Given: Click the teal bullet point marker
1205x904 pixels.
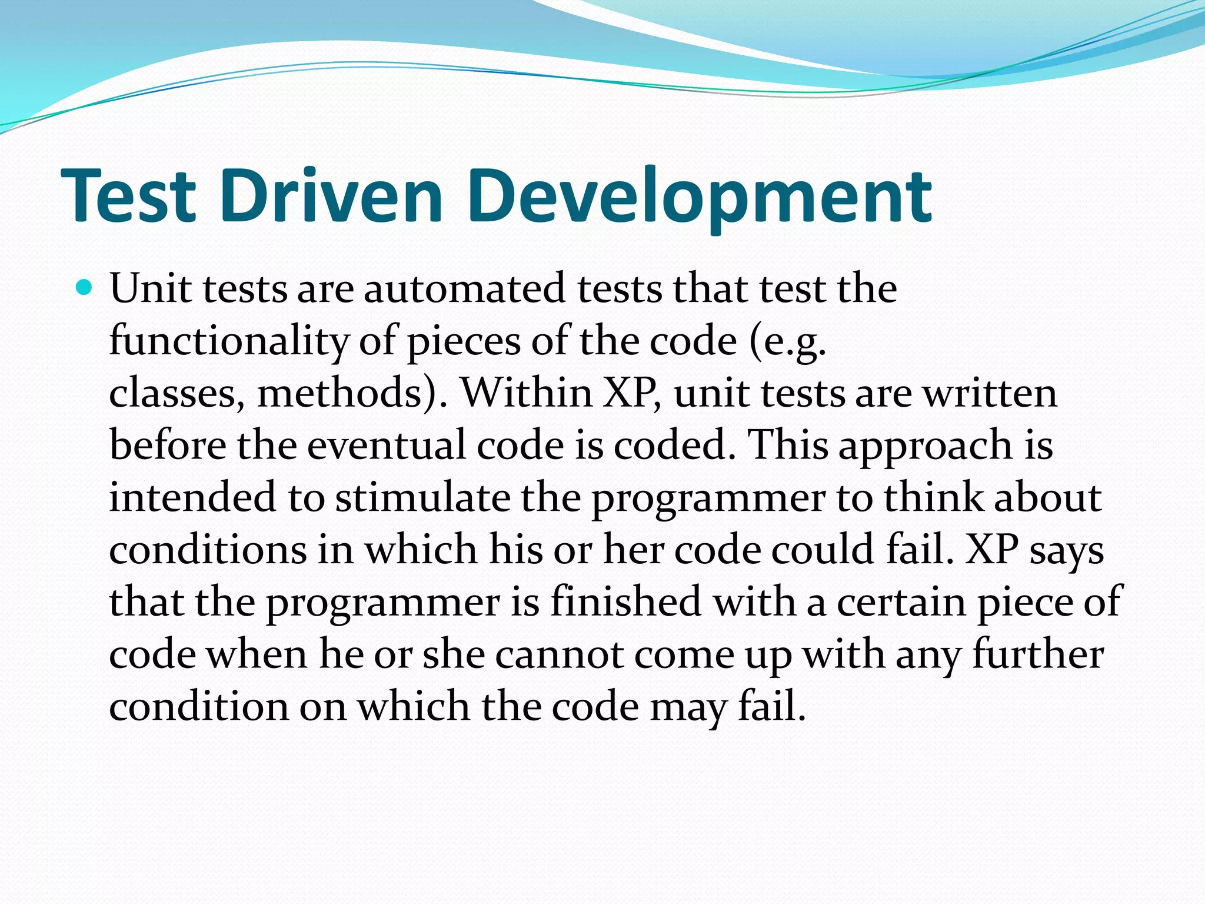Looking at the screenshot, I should click(x=85, y=288).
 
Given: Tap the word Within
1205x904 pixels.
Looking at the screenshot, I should click(x=526, y=393).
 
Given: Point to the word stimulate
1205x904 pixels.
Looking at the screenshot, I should click(x=423, y=497).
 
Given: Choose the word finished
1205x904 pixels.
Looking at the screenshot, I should click(x=626, y=601).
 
